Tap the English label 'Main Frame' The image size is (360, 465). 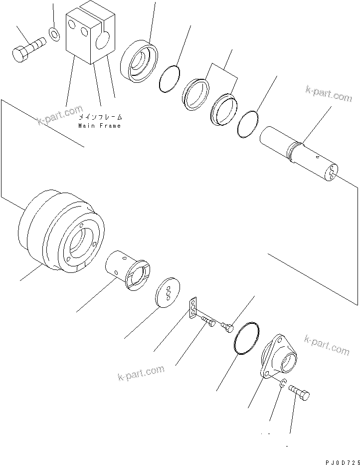(x=99, y=126)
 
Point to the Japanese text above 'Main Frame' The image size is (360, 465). (x=100, y=117)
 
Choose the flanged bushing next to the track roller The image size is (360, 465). (x=127, y=270)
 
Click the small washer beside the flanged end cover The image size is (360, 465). (x=282, y=384)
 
